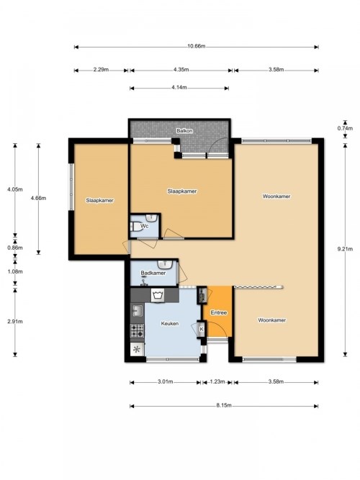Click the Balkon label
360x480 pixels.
click(184, 131)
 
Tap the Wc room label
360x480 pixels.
click(144, 226)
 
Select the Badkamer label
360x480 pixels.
click(153, 273)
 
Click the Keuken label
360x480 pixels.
click(170, 323)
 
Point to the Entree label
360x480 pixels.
click(219, 312)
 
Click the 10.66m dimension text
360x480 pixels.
click(196, 46)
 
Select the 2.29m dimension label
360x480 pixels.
click(101, 70)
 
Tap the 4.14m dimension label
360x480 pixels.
click(179, 87)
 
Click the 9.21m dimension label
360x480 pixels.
click(345, 249)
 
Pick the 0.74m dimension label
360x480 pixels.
click(345, 128)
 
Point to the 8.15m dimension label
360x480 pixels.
click(224, 405)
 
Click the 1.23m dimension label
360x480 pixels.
click(217, 381)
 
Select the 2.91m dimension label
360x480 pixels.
click(15, 322)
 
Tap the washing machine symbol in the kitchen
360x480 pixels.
click(158, 295)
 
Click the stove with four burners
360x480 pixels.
click(138, 330)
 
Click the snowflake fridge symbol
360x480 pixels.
click(138, 349)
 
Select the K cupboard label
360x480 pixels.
click(202, 329)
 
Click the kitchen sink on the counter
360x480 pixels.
click(137, 311)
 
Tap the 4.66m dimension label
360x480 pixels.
click(38, 198)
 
